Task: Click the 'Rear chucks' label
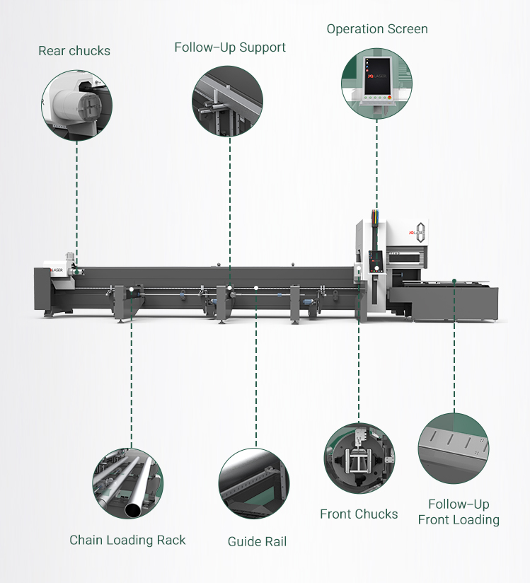pyautogui.click(x=74, y=51)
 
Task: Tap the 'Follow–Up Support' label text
pyautogui.click(x=230, y=48)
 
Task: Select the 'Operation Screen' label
pyautogui.click(x=377, y=29)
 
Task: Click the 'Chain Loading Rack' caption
pyautogui.click(x=127, y=540)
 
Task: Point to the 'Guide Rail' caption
pyautogui.click(x=257, y=542)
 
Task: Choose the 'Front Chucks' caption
pyautogui.click(x=359, y=514)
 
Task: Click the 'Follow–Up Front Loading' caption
pyautogui.click(x=459, y=512)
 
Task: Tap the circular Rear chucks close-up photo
pyautogui.click(x=76, y=105)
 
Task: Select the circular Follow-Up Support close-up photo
pyautogui.click(x=228, y=101)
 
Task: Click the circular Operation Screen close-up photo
pyautogui.click(x=376, y=83)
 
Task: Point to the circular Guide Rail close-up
pyautogui.click(x=253, y=484)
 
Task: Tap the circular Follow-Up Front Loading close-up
pyautogui.click(x=454, y=449)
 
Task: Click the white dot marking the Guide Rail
pyautogui.click(x=255, y=288)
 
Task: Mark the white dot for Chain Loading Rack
pyautogui.click(x=132, y=290)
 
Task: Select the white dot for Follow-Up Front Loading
pyautogui.click(x=453, y=281)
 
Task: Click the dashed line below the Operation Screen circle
pyautogui.click(x=376, y=163)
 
